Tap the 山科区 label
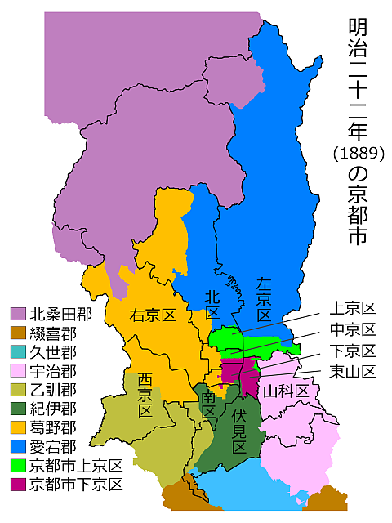coord(286,391)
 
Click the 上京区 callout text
coord(352,309)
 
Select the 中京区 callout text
coord(352,330)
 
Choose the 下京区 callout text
coord(352,351)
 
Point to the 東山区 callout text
coord(352,373)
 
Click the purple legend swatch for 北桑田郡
coord(17,313)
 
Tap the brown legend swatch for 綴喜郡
coord(17,333)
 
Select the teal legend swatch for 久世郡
coord(17,351)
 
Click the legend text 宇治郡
coord(53,371)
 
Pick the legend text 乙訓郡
coord(53,390)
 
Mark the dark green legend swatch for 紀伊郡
coord(17,409)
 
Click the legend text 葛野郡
coord(53,427)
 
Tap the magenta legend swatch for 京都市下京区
coord(17,485)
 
